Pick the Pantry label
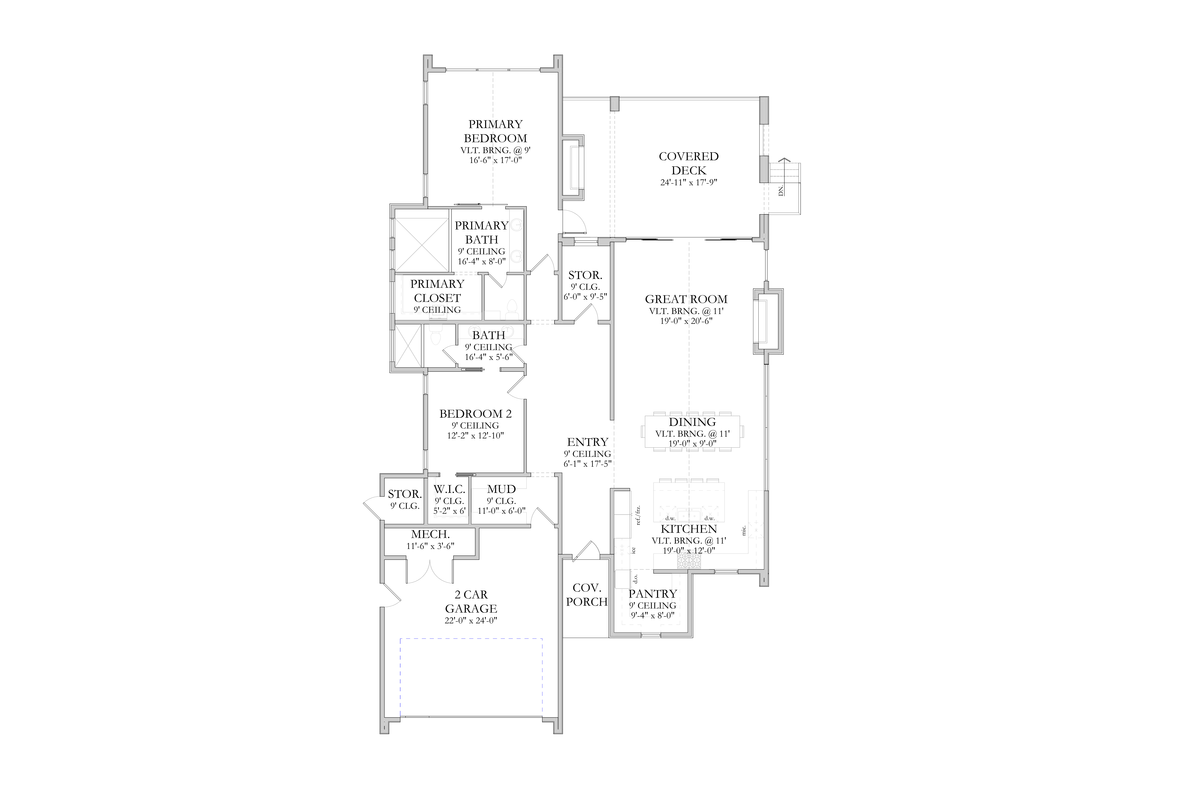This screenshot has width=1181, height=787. (x=653, y=594)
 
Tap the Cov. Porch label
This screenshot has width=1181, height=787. (x=587, y=595)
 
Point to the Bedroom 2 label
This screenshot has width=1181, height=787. (x=476, y=414)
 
